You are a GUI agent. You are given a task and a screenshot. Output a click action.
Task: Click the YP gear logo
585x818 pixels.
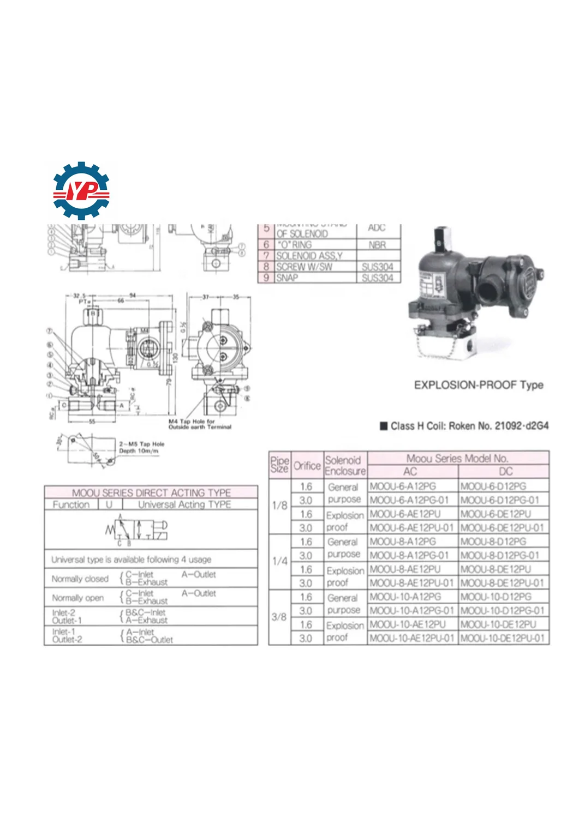tap(81, 190)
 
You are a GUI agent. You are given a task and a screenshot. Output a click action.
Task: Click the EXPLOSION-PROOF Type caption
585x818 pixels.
tap(478, 385)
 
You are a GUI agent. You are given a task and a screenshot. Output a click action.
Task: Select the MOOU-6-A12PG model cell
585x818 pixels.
tap(403, 486)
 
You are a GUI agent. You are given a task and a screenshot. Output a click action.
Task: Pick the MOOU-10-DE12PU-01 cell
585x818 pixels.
tap(502, 638)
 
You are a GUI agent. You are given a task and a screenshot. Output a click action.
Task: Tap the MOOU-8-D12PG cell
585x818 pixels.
tap(493, 542)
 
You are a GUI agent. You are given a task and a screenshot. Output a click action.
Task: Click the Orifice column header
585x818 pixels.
tap(307, 466)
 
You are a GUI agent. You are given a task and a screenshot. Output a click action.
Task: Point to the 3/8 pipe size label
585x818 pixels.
tap(279, 617)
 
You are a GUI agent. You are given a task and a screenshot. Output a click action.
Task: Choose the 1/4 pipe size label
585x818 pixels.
tap(279, 561)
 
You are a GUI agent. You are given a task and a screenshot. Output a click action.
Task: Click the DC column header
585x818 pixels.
tap(505, 472)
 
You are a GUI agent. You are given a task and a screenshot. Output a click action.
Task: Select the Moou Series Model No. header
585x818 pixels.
tap(457, 459)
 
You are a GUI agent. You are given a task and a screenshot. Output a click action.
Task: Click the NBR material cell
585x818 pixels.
tap(377, 245)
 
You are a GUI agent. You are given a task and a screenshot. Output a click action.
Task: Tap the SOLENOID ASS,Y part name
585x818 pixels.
tap(309, 256)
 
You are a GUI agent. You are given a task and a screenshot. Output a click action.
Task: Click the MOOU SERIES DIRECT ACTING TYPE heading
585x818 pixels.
tap(151, 492)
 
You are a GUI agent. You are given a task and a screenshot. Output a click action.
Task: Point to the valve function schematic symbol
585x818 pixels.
tap(136, 528)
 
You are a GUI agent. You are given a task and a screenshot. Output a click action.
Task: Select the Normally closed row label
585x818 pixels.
tap(80, 579)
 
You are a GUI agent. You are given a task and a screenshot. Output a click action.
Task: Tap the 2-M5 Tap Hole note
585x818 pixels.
tap(141, 447)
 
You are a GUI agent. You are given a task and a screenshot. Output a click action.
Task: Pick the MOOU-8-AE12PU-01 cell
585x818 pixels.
tap(411, 583)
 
